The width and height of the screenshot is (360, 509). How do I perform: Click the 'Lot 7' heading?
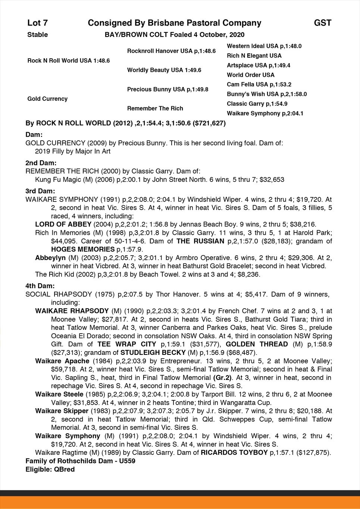pyautogui.click(x=38, y=23)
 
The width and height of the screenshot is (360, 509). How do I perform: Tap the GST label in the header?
pyautogui.click(x=322, y=23)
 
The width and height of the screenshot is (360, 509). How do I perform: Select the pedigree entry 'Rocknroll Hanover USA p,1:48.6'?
pyautogui.click(x=171, y=51)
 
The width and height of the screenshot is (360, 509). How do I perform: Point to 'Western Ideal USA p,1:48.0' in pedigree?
pyautogui.click(x=264, y=46)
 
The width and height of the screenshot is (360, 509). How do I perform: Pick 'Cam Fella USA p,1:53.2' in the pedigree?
pyautogui.click(x=259, y=85)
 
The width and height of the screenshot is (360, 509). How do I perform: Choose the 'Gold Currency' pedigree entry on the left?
pyautogui.click(x=47, y=99)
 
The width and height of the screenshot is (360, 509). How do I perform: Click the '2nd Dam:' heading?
pyautogui.click(x=41, y=163)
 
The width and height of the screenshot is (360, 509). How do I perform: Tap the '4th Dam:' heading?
pyautogui.click(x=40, y=286)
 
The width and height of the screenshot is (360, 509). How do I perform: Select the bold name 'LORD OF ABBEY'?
pyautogui.click(x=63, y=224)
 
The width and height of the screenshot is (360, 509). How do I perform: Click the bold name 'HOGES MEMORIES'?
pyautogui.click(x=83, y=249)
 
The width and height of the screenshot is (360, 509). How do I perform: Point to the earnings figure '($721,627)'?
pyautogui.click(x=208, y=123)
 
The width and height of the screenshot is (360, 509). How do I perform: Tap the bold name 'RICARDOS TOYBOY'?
pyautogui.click(x=234, y=453)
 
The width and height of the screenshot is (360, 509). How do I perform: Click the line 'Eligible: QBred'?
pyautogui.click(x=50, y=469)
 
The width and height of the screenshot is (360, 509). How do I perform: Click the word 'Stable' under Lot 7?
pyautogui.click(x=38, y=35)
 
